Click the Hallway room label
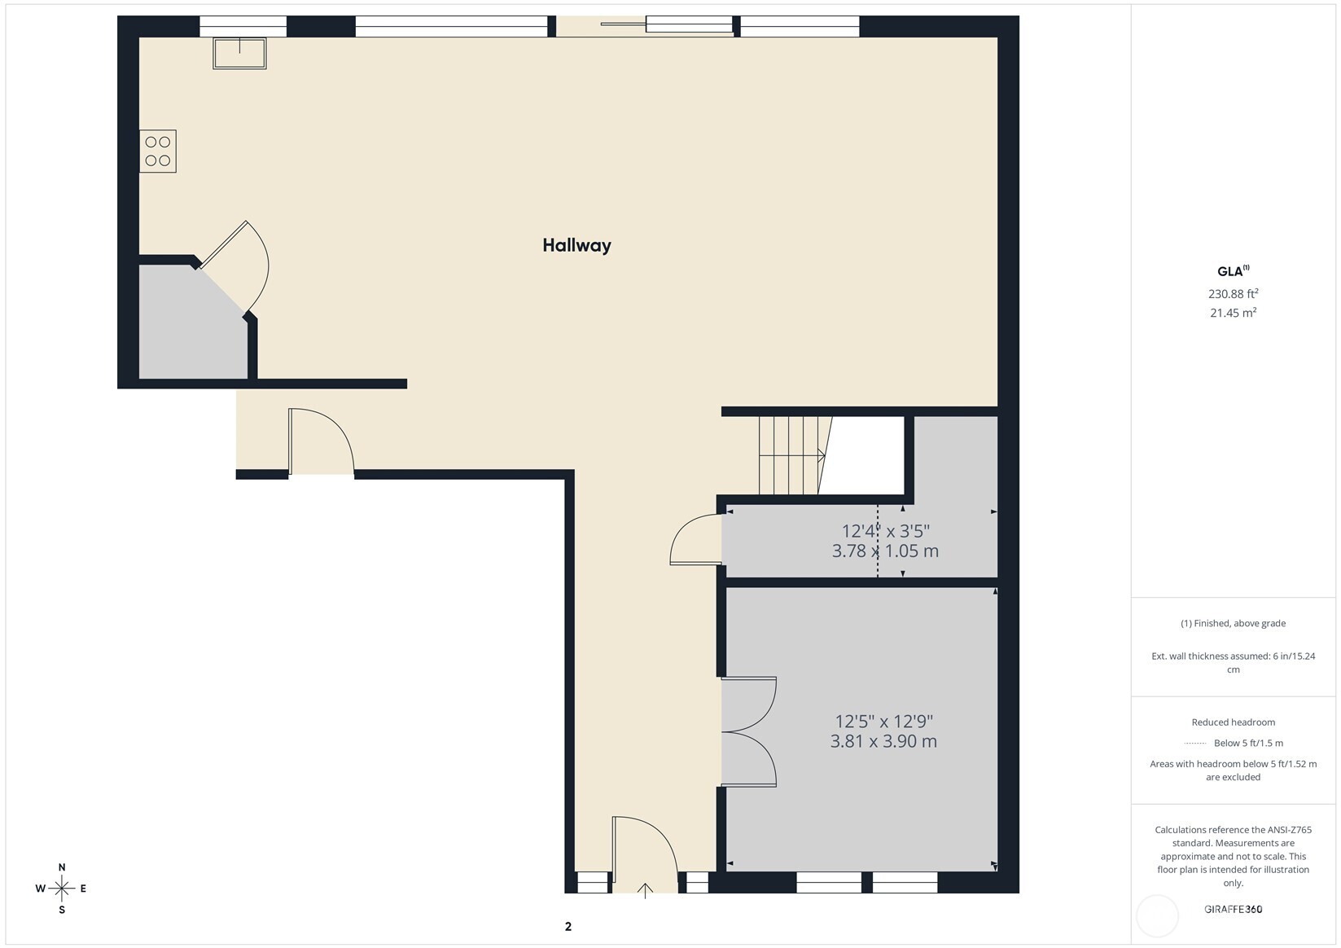576,245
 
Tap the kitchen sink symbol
239,53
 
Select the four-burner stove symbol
158,151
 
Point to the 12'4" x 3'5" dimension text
885,530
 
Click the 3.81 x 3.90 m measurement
883,741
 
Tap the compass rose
62,888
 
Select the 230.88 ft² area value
1233,293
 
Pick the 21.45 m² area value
1233,313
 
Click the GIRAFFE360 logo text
1233,909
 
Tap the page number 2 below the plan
568,927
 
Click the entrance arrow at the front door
645,890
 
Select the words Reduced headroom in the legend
1233,722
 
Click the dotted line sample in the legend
1195,744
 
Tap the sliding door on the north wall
668,24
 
